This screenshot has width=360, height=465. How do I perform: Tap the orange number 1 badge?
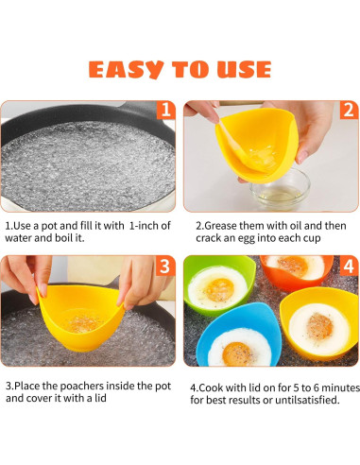[165, 112]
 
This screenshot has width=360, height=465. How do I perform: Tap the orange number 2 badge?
[348, 112]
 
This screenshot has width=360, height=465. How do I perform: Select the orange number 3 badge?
[165, 267]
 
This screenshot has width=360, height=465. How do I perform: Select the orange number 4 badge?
[348, 267]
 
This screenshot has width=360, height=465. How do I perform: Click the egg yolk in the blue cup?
[236, 352]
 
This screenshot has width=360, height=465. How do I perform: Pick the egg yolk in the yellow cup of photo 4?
[319, 324]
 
